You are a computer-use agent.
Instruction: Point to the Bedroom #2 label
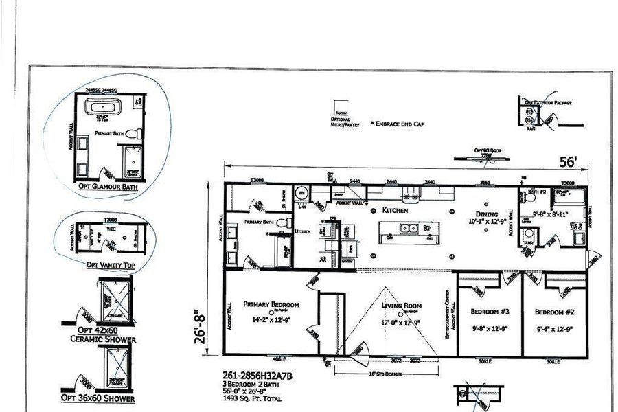[554, 310]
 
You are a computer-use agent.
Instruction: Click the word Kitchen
[396, 211]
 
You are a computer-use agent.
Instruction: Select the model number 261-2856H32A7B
[253, 375]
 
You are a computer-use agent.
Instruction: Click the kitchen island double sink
[410, 238]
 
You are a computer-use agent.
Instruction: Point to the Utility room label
[303, 232]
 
